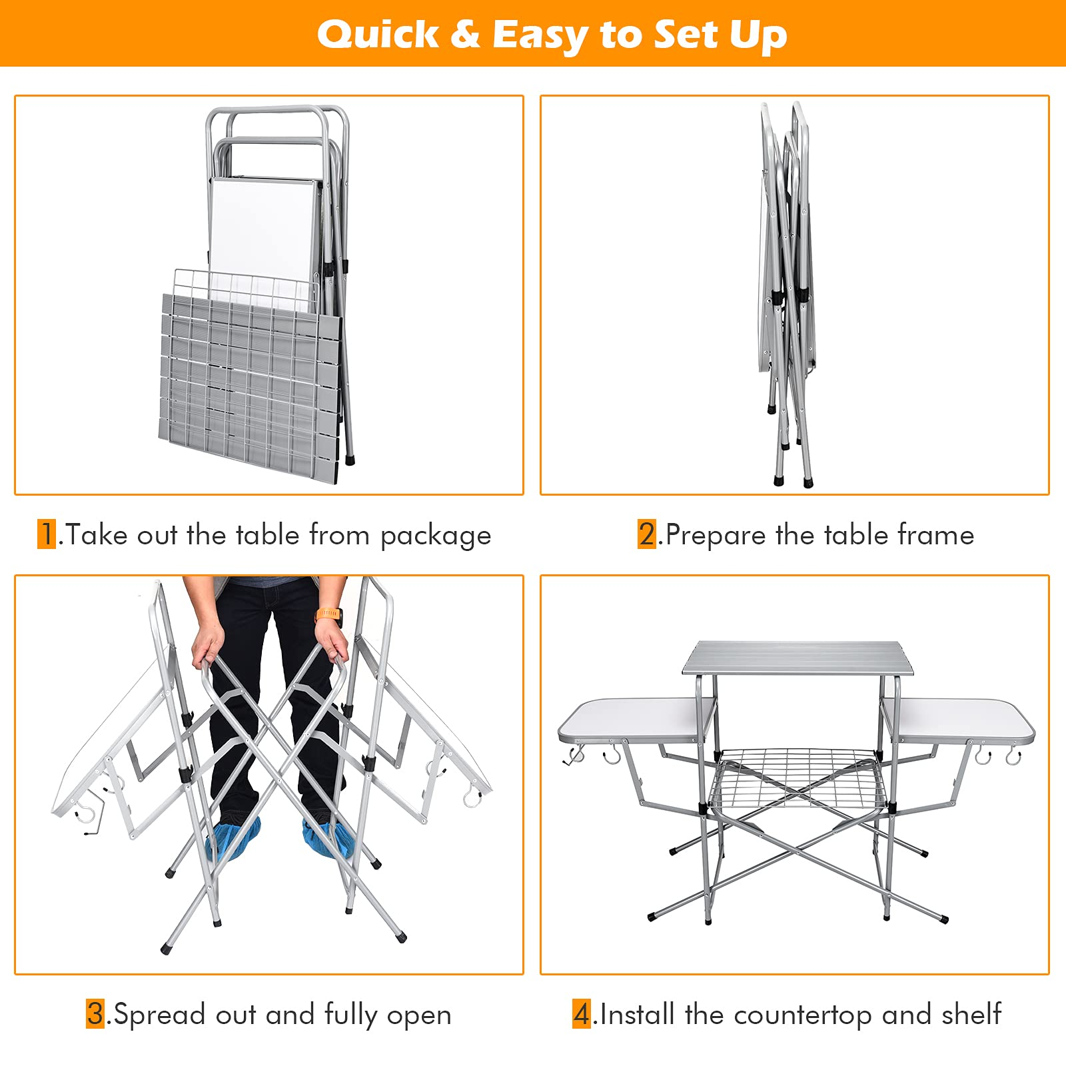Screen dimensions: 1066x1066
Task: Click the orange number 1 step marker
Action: pyautogui.click(x=47, y=534)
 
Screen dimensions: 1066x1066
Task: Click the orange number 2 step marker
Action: pyautogui.click(x=647, y=534)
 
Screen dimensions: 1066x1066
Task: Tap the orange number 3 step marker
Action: pyautogui.click(x=95, y=1014)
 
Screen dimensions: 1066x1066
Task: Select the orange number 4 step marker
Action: pyautogui.click(x=582, y=1014)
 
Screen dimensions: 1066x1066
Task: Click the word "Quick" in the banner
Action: pyautogui.click(x=378, y=35)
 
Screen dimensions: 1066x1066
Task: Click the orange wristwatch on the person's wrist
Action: pyautogui.click(x=328, y=614)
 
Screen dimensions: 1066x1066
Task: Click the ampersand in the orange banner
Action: pyautogui.click(x=465, y=35)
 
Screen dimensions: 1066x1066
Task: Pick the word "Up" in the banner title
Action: pyautogui.click(x=759, y=37)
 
